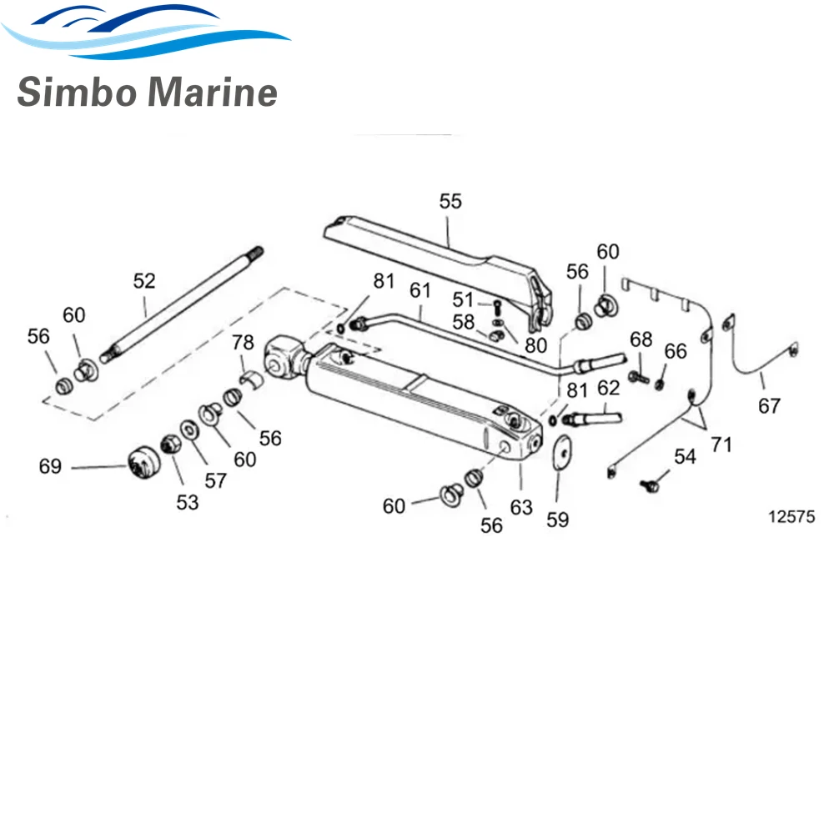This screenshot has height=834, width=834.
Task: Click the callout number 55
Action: click(x=450, y=201)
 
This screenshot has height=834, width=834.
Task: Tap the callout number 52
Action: click(x=144, y=281)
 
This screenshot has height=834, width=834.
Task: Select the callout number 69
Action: click(x=50, y=466)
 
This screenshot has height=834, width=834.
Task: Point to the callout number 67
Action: click(x=769, y=406)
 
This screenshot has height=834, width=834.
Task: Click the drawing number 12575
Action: click(x=791, y=516)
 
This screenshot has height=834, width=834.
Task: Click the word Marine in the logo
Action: click(x=212, y=92)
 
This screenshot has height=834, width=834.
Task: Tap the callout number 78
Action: click(x=243, y=342)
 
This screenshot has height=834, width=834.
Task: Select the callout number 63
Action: click(x=521, y=507)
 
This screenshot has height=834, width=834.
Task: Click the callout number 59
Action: click(x=557, y=520)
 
